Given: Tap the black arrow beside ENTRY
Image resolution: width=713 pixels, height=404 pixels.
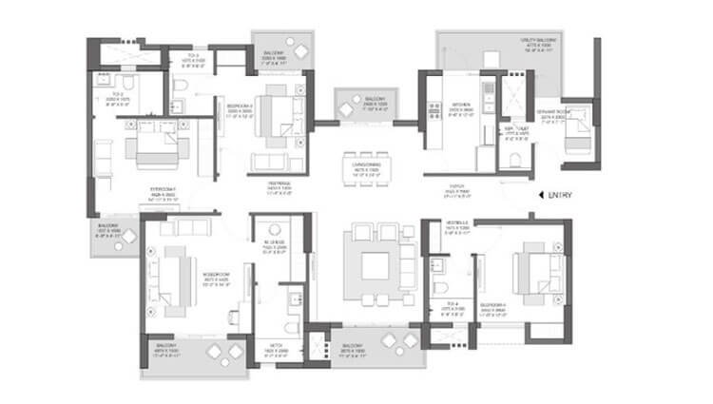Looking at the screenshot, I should (x=539, y=196).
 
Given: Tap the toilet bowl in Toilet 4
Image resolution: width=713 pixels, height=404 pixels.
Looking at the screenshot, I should (x=438, y=289).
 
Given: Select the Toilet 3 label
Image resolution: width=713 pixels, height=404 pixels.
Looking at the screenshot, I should (x=193, y=60).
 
